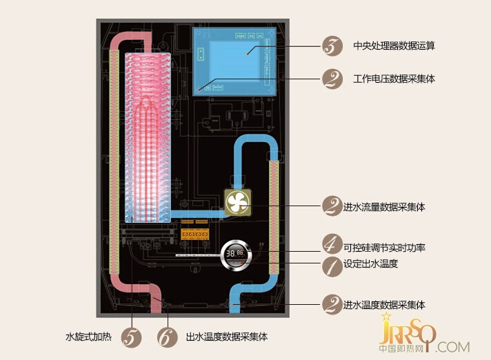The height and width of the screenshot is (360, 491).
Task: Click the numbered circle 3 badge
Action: point(332,46)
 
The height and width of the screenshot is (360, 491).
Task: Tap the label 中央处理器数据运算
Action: point(394,46)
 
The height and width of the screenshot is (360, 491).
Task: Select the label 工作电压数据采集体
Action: point(394,79)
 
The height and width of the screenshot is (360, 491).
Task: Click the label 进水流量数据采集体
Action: point(384,207)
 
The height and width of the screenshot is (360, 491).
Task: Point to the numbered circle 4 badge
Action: point(332,244)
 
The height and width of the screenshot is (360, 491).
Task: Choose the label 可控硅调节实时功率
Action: point(384,248)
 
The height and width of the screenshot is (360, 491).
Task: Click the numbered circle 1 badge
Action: point(332,267)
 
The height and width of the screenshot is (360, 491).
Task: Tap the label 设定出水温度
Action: point(370,263)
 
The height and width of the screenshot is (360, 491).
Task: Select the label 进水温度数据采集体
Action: point(384,305)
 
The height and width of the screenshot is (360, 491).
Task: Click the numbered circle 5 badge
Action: point(132,337)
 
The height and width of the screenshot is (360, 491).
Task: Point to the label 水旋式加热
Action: point(89,337)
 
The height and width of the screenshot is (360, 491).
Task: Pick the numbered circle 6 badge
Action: point(168,337)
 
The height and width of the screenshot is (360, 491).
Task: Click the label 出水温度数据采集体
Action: point(227,337)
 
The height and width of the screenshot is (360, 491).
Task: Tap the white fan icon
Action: point(238,203)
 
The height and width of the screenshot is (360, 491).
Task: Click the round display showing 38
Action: point(237,255)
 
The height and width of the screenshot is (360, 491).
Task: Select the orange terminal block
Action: point(194,234)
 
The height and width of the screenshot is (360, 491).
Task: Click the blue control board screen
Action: point(234,61)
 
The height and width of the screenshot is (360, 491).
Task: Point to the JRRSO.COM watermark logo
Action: point(424,334)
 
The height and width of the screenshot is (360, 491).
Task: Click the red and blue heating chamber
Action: point(148,137)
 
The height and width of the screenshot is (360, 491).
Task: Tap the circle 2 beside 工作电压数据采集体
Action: point(332,79)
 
